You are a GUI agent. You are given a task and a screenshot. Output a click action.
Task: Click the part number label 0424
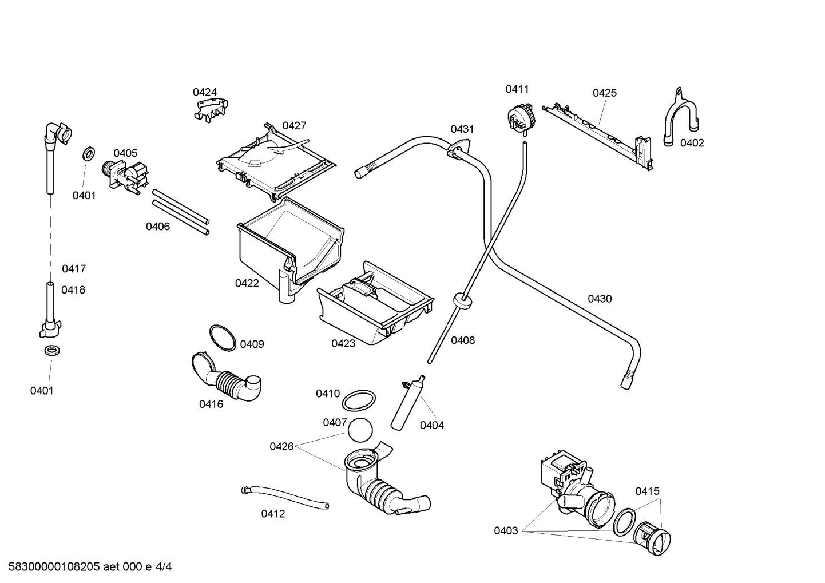(x=205, y=92)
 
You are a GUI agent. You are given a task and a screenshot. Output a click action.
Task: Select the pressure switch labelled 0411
(x=520, y=117)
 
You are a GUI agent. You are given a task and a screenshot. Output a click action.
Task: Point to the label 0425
(x=604, y=93)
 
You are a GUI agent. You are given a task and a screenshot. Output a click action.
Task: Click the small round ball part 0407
(x=360, y=430)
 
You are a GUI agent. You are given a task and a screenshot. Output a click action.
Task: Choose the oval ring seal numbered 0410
(x=359, y=400)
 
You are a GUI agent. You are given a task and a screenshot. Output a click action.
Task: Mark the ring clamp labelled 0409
(x=223, y=338)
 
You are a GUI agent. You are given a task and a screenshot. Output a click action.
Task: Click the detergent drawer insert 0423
(x=375, y=303)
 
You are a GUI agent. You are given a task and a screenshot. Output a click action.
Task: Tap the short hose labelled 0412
(x=285, y=498)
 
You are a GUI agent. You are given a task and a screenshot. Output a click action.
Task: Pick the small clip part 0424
(x=212, y=110)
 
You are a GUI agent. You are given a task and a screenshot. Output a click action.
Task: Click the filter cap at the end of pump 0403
(x=652, y=539)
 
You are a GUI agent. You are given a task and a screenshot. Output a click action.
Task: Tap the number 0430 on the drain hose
(x=600, y=299)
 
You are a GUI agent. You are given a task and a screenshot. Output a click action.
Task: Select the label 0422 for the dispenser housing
(x=247, y=283)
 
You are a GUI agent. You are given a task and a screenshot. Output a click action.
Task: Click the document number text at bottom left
(x=90, y=567)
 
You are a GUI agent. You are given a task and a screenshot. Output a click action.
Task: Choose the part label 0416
(x=211, y=404)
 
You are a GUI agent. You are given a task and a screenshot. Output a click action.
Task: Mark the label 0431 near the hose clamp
(x=462, y=129)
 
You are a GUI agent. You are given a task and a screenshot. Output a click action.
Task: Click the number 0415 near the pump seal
(x=648, y=491)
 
